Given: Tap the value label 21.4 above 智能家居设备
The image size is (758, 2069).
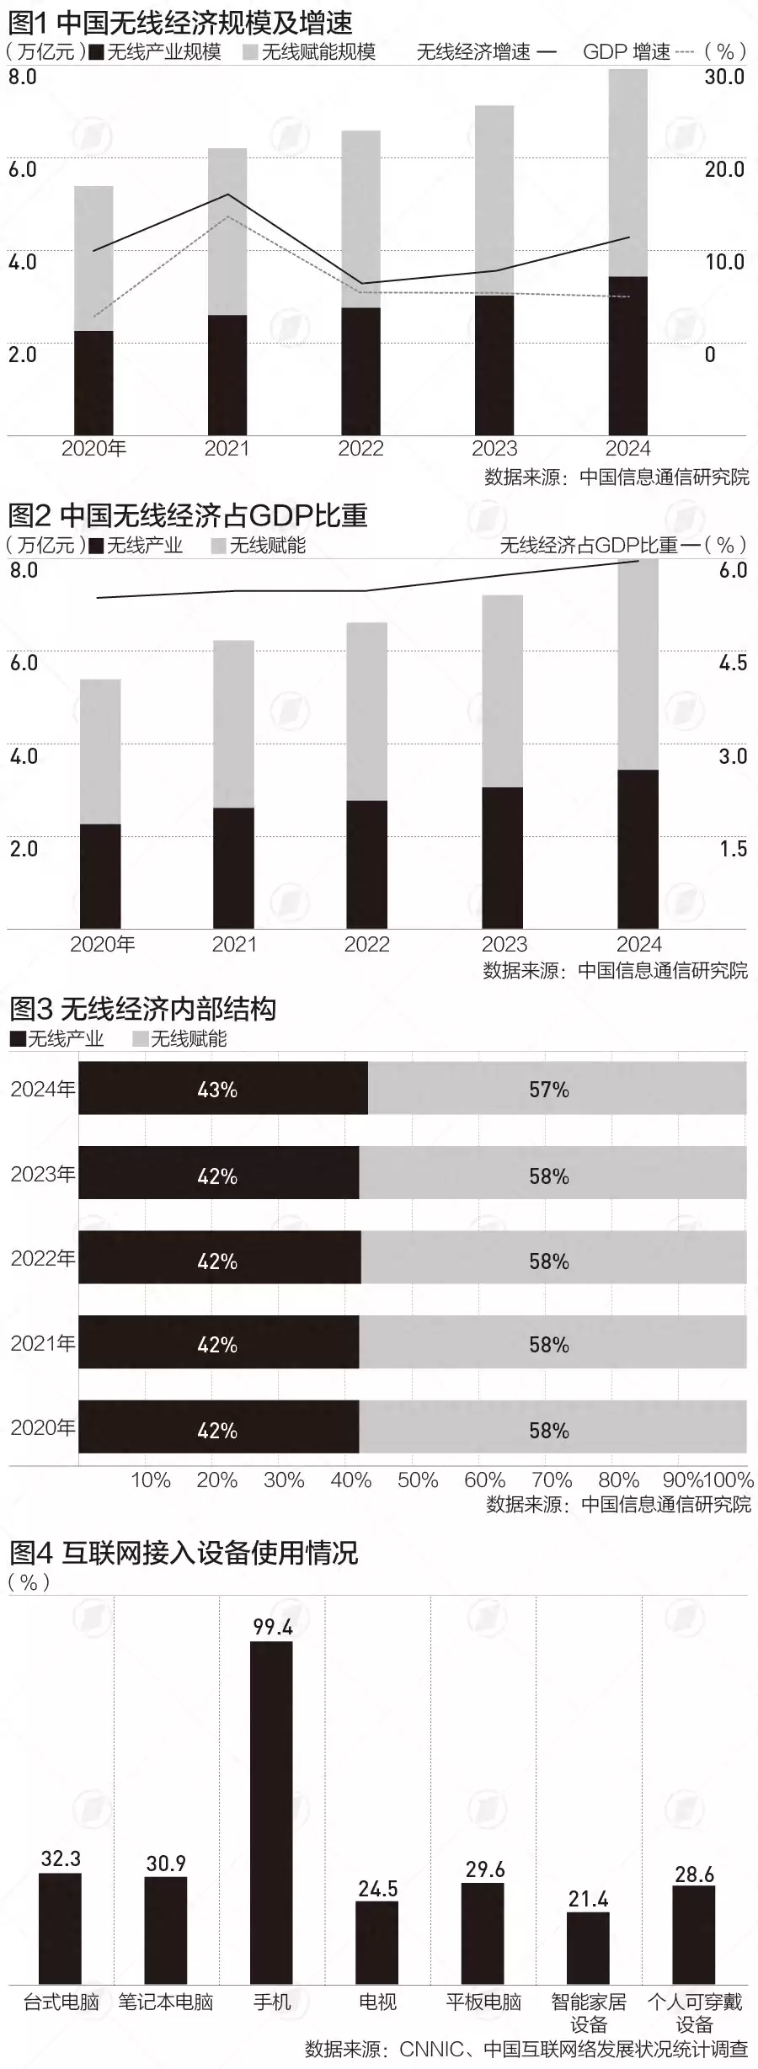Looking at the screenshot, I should (588, 1899).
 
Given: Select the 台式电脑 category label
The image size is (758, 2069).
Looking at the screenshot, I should (61, 2002).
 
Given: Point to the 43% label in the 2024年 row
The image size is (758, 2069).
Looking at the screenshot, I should (217, 1090).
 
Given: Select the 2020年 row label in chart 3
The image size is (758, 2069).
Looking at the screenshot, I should (42, 1427).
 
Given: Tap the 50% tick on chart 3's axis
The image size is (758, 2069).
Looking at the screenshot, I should (418, 1480).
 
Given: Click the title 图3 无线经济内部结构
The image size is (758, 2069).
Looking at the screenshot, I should (142, 1008).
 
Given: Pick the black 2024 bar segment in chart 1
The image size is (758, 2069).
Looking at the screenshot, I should (628, 355).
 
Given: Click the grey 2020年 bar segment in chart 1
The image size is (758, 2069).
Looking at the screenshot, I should (93, 258).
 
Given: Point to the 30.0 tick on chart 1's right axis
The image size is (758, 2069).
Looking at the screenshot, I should (724, 77).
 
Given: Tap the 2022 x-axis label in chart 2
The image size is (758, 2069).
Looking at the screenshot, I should (366, 944).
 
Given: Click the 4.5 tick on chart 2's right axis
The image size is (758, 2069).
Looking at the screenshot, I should (733, 663).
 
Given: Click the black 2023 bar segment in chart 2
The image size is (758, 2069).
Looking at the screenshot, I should (502, 857).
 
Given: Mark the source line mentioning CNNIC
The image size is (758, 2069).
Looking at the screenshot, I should (526, 2049).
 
